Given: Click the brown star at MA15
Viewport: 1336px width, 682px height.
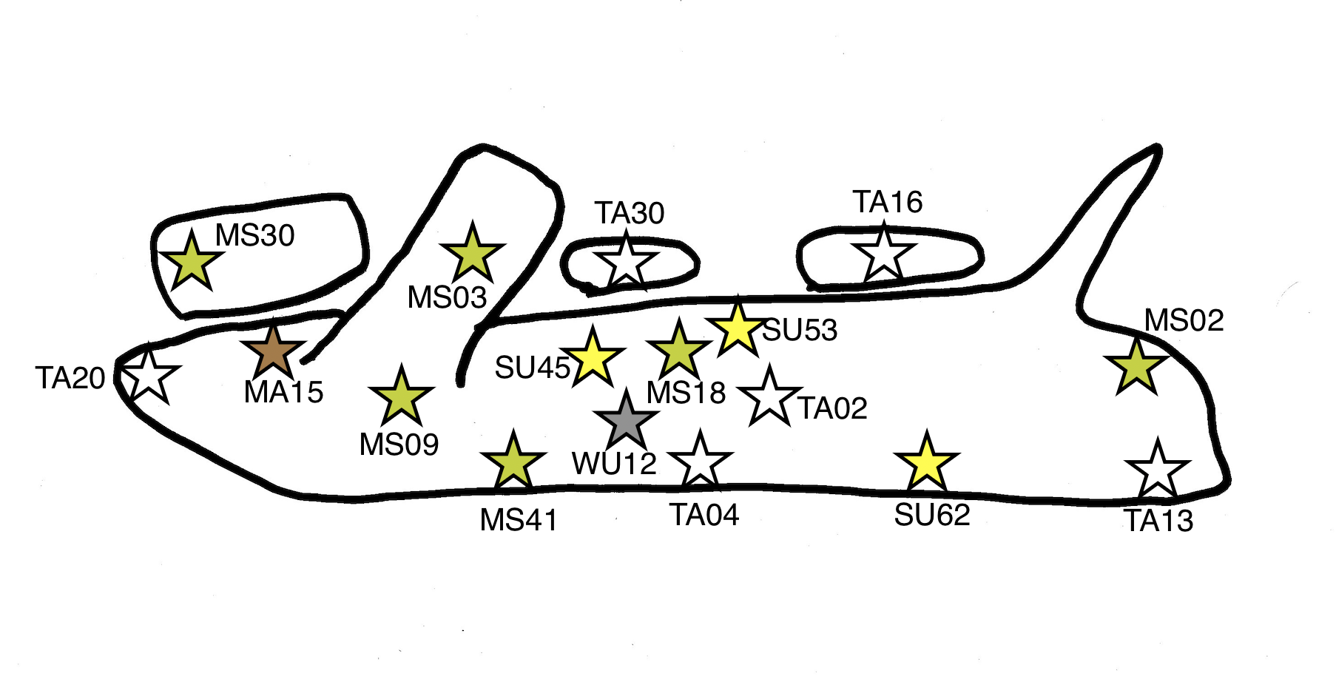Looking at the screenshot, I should click(273, 353).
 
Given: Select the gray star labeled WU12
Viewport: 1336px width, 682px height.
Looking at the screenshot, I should click(626, 420).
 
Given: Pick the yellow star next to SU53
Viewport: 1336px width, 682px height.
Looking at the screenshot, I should click(737, 328).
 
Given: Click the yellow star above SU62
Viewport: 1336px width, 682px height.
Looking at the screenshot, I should click(926, 463).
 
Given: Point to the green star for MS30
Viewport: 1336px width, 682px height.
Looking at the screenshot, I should click(192, 262).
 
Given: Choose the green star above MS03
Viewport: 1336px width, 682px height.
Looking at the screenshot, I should click(472, 254).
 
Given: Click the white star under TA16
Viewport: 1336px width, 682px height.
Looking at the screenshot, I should click(884, 254).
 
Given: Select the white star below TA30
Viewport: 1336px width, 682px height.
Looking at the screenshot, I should click(626, 260).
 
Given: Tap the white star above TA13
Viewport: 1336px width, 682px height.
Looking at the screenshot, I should click(1157, 470).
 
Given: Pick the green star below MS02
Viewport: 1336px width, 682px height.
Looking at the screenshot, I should click(1136, 365).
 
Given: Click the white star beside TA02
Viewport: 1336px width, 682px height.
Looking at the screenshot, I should click(769, 397).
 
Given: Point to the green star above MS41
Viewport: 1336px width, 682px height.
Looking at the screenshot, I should click(513, 462).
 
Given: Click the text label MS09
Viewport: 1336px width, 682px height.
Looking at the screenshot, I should click(399, 445).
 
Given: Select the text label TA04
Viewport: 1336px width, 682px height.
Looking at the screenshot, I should click(704, 515).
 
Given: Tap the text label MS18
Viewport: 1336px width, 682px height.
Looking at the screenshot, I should click(686, 393).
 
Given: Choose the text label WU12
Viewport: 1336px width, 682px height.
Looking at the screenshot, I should click(614, 465).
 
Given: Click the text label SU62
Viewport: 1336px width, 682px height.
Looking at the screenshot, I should click(932, 515).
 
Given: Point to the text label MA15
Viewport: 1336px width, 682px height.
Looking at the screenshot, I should click(283, 392).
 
